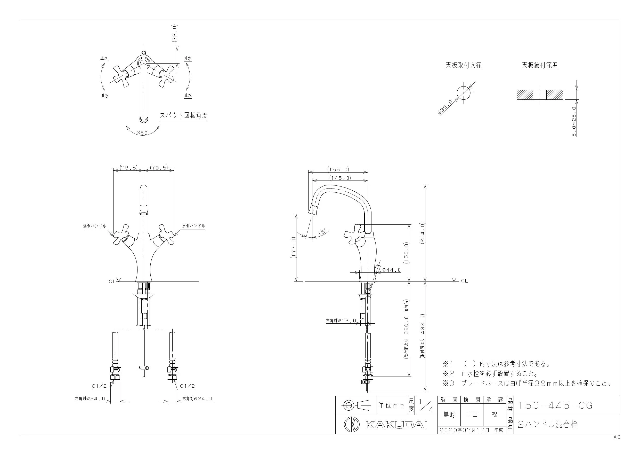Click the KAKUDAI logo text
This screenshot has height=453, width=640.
[396, 425]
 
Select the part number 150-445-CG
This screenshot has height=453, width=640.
[555, 405]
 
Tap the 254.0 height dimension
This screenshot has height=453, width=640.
[422, 233]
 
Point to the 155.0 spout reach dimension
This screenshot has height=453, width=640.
[338, 169]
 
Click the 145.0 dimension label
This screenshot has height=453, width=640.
[340, 178]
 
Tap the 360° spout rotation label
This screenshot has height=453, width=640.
[143, 133]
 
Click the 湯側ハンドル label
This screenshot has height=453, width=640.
[94, 226]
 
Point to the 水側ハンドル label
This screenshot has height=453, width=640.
[194, 226]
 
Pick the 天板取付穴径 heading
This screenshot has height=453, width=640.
[463, 65]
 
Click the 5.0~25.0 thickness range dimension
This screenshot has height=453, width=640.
[574, 121]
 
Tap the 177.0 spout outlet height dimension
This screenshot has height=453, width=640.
[293, 248]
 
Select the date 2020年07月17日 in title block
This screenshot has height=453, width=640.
[464, 430]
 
